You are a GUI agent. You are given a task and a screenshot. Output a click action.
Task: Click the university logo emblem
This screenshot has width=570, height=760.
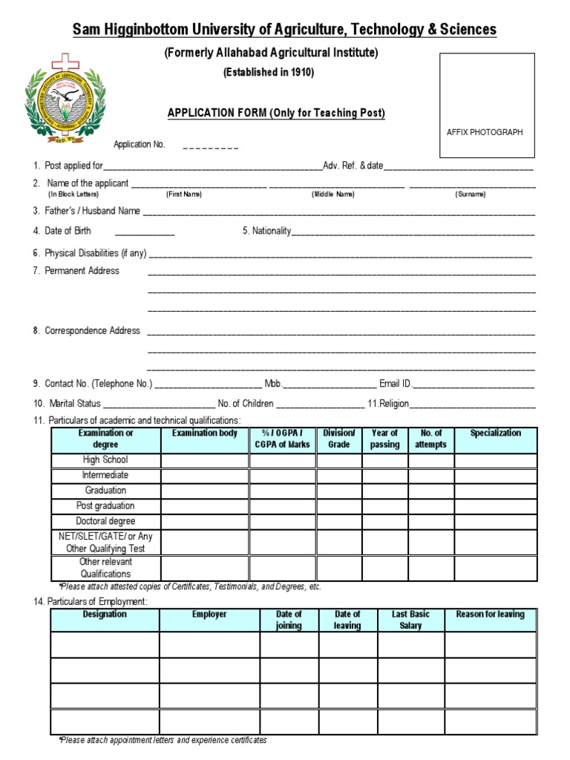[66, 102]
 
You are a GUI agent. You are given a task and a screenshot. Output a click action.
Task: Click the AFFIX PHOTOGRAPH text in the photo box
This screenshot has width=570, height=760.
[484, 132]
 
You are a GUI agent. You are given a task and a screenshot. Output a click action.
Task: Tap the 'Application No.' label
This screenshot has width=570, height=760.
[139, 145]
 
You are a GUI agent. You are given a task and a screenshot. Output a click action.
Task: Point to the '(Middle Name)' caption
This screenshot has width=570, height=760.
[332, 194]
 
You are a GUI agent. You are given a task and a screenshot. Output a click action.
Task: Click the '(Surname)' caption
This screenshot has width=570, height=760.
[471, 194]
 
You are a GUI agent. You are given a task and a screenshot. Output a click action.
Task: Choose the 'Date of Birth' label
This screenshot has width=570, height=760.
[68, 231]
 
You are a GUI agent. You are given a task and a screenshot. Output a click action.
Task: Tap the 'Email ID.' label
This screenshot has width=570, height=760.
[396, 384]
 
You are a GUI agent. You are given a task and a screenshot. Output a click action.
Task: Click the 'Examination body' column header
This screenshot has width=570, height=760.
[205, 433]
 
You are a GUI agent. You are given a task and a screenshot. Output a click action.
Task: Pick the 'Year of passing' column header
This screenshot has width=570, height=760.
[384, 439]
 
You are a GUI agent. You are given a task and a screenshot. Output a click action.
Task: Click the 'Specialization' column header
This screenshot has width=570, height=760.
[495, 433]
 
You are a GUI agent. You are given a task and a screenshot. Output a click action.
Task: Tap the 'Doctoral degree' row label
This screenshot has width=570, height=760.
[105, 521]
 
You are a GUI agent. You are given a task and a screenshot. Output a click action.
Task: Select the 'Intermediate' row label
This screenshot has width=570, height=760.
[105, 475]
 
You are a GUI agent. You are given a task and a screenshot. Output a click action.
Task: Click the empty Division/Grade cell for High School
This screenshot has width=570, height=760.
[339, 460]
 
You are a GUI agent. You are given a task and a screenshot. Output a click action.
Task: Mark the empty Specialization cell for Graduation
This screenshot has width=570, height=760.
[495, 491]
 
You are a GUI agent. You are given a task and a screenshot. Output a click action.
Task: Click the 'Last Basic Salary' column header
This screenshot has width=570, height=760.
[410, 620]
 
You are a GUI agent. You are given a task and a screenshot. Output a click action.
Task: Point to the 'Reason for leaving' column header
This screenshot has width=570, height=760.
[490, 615]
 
